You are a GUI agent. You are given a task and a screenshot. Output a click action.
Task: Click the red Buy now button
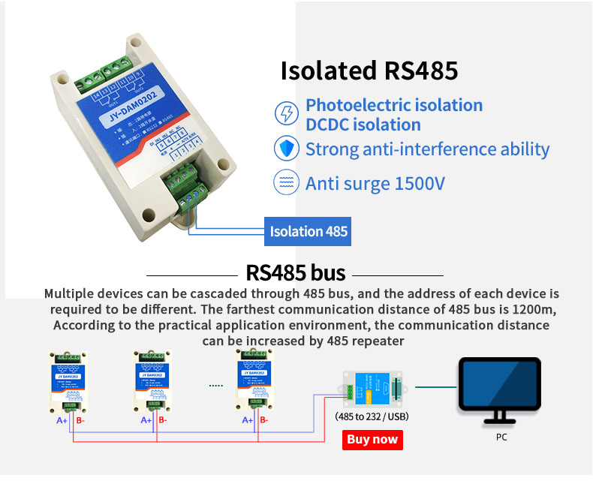click(372, 440)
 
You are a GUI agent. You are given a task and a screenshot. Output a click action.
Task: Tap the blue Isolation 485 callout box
click(309, 231)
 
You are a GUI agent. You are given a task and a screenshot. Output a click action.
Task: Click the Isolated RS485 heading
click(369, 71)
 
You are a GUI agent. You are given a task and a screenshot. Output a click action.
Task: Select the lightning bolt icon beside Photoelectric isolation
click(286, 114)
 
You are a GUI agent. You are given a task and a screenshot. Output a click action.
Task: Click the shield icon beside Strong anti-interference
click(286, 149)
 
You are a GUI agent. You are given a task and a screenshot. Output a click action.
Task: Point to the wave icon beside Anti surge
click(286, 182)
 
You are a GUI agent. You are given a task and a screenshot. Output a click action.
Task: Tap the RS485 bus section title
click(296, 272)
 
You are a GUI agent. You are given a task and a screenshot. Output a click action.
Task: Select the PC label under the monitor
click(501, 437)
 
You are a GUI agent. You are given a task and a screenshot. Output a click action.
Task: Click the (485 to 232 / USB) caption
click(372, 416)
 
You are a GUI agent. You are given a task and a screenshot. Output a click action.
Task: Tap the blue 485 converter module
click(372, 388)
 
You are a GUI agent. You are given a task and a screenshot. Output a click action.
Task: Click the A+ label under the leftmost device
click(62, 420)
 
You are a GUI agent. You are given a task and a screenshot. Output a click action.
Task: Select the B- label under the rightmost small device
click(263, 420)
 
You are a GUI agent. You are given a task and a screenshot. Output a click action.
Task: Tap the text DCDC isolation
click(363, 125)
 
